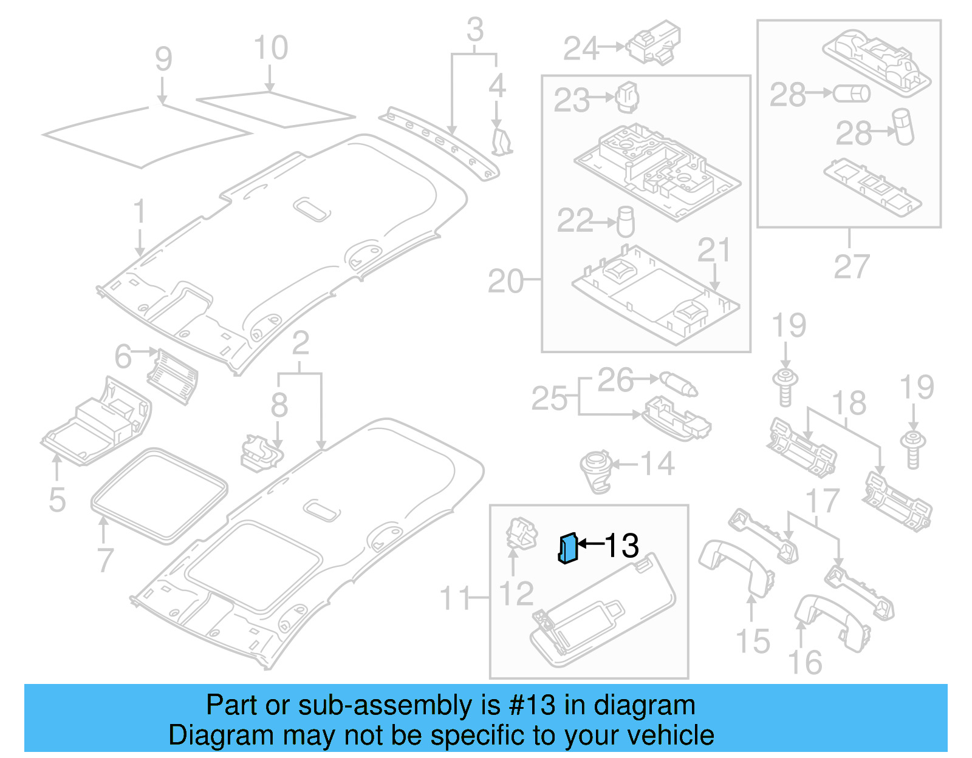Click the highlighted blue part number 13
tap(567, 548)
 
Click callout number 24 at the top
tap(581, 49)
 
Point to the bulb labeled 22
tap(625, 222)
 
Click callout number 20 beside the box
tap(505, 282)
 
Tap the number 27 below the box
tap(851, 266)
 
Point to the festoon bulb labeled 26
tap(679, 384)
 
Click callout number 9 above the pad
tap(163, 59)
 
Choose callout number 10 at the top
tap(271, 48)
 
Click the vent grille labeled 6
tap(173, 376)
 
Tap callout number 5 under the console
tap(57, 499)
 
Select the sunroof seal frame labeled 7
tap(159, 495)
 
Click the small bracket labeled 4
tap(501, 140)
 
